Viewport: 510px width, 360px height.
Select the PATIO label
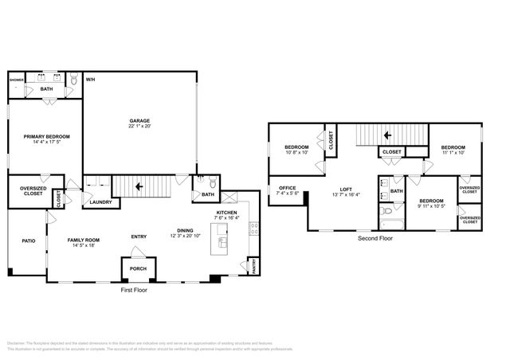click(x=28, y=240)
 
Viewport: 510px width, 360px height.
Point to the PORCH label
click(x=138, y=268)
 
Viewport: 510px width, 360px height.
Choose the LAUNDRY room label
click(x=100, y=202)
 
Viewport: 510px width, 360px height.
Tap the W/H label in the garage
click(x=91, y=80)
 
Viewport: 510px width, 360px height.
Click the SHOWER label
click(x=17, y=80)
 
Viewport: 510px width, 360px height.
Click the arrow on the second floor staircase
click(x=388, y=135)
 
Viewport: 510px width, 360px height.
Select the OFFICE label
click(x=286, y=189)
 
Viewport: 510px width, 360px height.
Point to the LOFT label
click(x=346, y=189)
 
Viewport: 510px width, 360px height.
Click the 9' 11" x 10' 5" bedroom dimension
click(x=431, y=206)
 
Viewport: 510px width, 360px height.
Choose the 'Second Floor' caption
click(x=374, y=237)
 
